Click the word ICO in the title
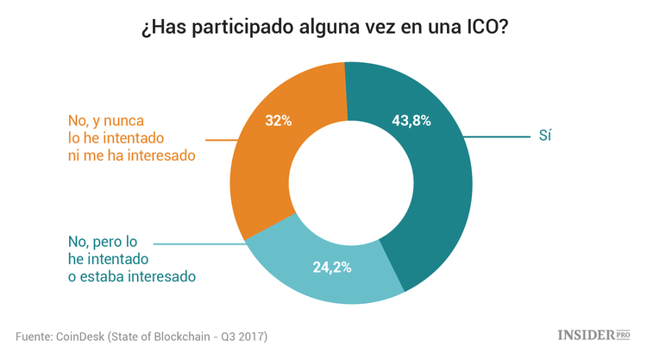tap(480, 28)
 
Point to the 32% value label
tap(278, 121)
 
